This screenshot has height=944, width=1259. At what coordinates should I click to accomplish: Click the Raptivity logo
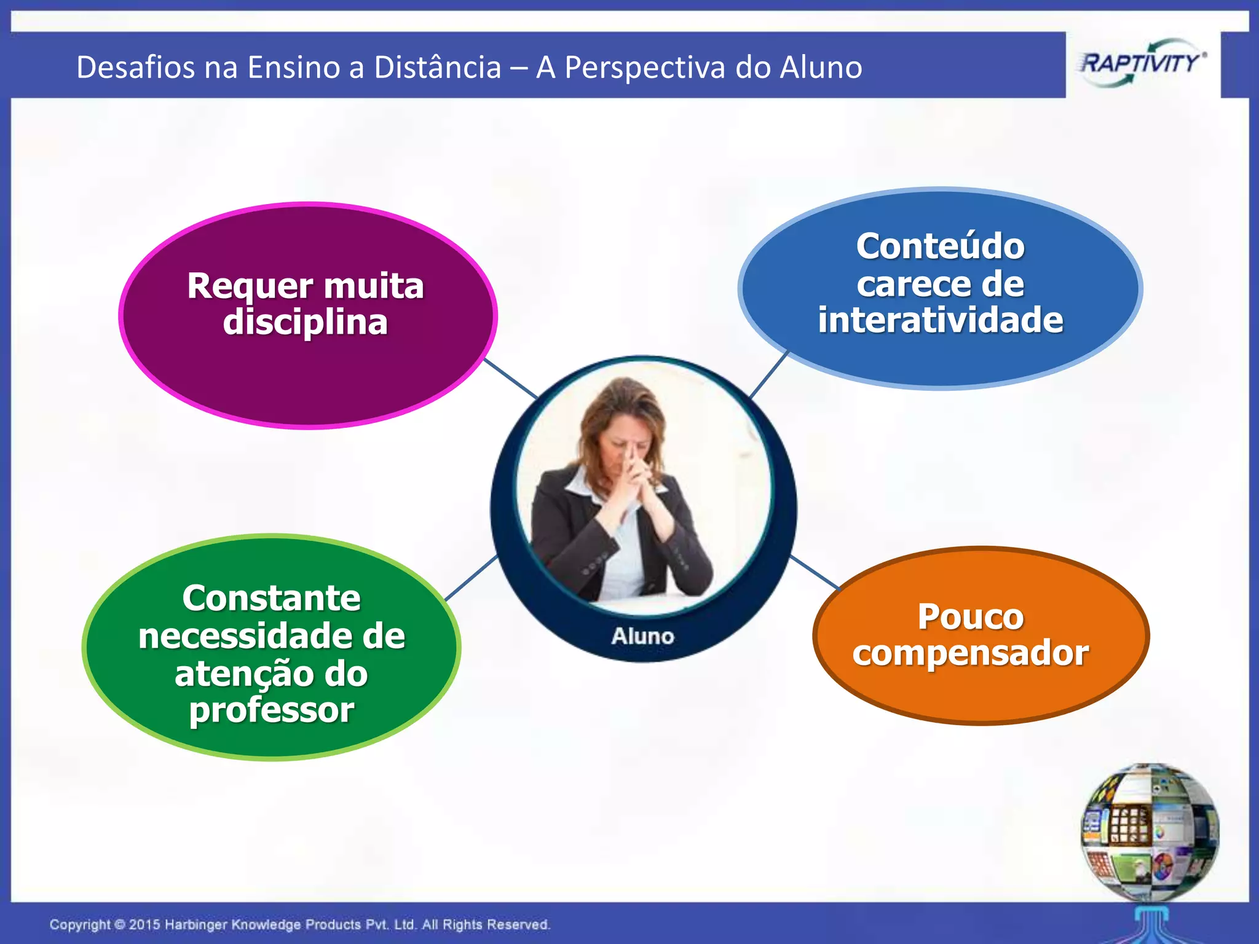(1142, 64)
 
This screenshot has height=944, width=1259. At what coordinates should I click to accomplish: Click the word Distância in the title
(437, 67)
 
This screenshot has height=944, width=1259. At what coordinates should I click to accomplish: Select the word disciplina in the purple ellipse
(305, 323)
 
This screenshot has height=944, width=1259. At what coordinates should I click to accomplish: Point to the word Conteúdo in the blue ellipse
(940, 246)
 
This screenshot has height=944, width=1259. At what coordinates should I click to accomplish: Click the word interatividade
(940, 321)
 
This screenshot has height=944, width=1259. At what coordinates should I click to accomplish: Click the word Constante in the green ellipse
(271, 598)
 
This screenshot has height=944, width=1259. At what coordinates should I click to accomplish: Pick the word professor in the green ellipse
(271, 711)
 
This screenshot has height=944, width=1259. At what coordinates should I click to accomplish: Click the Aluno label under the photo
(642, 637)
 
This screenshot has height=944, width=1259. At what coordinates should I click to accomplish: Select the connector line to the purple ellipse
(511, 379)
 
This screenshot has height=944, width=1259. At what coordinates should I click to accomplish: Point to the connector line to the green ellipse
(471, 578)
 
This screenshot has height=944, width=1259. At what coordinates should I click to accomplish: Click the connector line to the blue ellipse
(768, 375)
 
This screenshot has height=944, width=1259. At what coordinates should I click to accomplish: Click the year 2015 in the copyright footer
(144, 924)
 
